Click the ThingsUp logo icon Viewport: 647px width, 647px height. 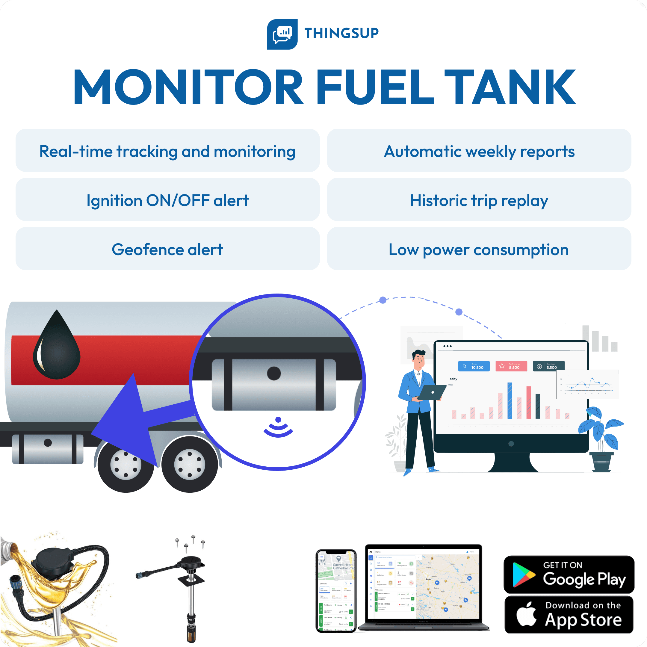tap(282, 34)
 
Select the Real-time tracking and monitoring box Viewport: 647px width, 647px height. tap(167, 151)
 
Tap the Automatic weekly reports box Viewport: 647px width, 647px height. tap(479, 151)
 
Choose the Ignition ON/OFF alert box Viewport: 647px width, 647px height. tap(167, 200)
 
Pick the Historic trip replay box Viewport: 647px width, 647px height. tap(479, 200)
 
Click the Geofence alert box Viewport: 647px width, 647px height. tap(167, 249)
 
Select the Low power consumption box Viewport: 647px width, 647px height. tap(479, 249)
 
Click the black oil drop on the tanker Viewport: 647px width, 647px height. tap(57, 347)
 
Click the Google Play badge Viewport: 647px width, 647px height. tap(569, 574)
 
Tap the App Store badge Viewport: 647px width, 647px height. tap(569, 615)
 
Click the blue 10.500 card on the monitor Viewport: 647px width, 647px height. tap(474, 366)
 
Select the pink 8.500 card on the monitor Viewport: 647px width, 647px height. tap(511, 366)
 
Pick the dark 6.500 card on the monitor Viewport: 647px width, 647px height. tap(548, 366)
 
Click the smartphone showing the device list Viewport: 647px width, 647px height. tap(336, 591)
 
